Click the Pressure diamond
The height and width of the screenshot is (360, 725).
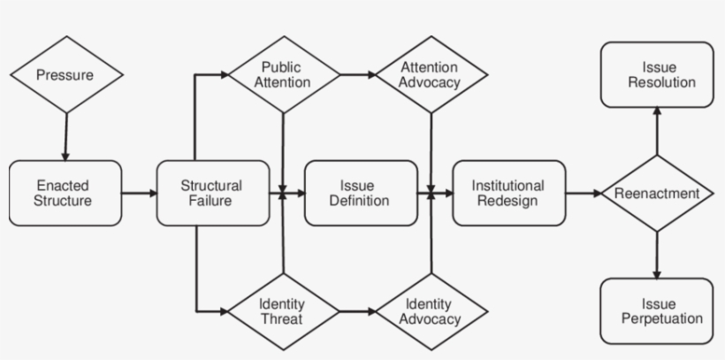click(65, 75)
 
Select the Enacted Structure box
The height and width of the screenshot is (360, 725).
click(65, 193)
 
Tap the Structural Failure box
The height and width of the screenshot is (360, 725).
click(211, 193)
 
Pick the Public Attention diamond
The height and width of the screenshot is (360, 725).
click(285, 75)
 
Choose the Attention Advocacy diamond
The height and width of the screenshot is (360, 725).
click(431, 75)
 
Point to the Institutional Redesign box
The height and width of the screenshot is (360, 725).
click(508, 193)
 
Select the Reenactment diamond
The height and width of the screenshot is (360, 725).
click(656, 193)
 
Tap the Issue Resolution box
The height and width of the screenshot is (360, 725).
click(656, 75)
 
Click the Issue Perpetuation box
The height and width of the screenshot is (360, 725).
click(656, 310)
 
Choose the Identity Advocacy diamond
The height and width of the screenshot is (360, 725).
click(431, 310)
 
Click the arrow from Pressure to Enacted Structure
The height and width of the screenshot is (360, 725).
click(65, 136)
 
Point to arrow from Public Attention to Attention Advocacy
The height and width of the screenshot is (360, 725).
click(357, 75)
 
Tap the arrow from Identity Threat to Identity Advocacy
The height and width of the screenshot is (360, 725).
click(357, 310)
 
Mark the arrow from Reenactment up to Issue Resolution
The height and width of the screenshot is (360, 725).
click(656, 131)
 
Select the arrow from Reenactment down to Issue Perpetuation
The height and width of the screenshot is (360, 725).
click(656, 255)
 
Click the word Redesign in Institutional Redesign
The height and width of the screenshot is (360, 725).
click(508, 201)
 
